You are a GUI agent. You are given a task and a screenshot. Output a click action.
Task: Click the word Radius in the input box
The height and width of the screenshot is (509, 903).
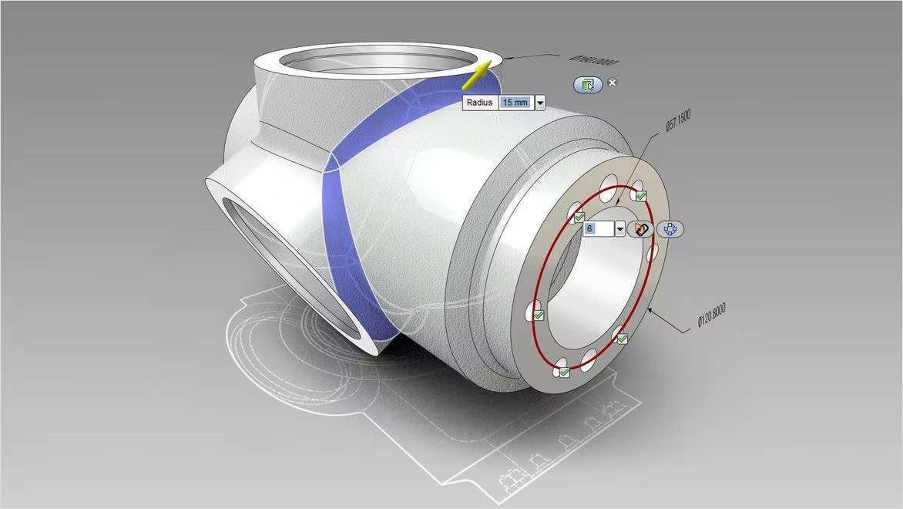click(x=479, y=103)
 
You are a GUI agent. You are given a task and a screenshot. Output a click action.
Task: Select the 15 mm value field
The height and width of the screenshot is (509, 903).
click(x=515, y=103)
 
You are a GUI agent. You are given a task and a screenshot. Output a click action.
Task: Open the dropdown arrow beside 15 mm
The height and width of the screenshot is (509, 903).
click(x=540, y=103)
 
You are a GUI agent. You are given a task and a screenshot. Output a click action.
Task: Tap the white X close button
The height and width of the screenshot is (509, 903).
click(x=613, y=83)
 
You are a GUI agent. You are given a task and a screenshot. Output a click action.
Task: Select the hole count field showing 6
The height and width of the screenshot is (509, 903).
click(x=597, y=229)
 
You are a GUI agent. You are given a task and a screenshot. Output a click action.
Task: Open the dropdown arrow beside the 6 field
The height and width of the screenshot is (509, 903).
click(x=619, y=229)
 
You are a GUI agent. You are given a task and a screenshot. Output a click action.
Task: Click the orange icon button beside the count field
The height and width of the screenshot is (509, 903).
click(x=640, y=229)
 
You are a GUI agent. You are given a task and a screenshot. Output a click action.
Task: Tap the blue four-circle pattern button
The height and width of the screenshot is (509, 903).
click(x=670, y=229)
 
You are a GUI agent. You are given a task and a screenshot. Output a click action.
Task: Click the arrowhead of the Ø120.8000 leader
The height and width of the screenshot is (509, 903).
click(x=650, y=309)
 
